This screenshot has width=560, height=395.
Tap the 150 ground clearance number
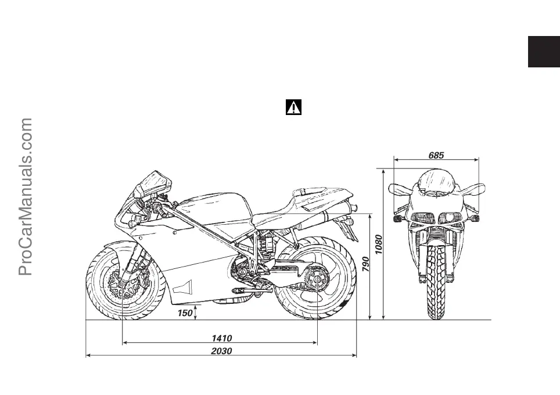(x=185, y=314)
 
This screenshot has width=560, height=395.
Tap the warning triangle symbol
(x=294, y=107)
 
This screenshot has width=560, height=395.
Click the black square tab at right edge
(x=544, y=52)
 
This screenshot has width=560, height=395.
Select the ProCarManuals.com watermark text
(x=26, y=198)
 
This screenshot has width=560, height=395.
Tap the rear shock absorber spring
(x=267, y=244)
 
